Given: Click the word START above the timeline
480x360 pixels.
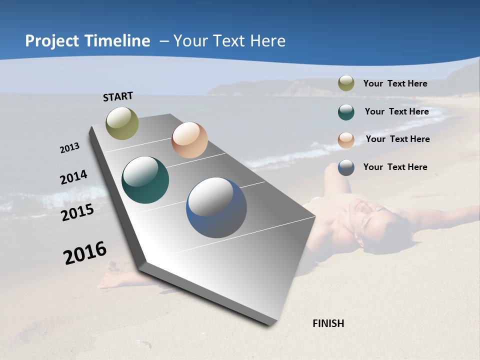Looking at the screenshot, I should point(118,96).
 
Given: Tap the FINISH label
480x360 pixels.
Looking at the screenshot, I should point(328,323).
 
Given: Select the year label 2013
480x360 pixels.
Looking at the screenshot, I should point(69,148).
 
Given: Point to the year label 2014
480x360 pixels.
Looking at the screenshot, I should point(73,177).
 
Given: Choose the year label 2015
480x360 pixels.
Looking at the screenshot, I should point(77,212).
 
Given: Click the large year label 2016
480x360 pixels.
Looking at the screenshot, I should point(85,253).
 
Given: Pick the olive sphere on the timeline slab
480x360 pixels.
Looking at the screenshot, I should point(122,123).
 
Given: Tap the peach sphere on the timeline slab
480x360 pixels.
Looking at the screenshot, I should point(189,140).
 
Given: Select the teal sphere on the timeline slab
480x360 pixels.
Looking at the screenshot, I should point(145,180).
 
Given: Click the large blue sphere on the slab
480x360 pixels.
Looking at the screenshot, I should point(216,207).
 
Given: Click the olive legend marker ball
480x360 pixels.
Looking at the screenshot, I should point(346,83).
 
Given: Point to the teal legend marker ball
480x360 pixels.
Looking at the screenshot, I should point(346,112).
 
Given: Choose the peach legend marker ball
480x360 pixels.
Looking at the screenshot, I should point(346,140).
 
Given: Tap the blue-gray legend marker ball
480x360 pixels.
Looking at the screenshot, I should point(346,167).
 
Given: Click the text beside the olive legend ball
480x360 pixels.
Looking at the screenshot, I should point(395,83).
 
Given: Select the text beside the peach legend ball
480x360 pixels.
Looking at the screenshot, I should point(397,139).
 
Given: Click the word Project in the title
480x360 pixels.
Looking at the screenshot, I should point(52,41).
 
